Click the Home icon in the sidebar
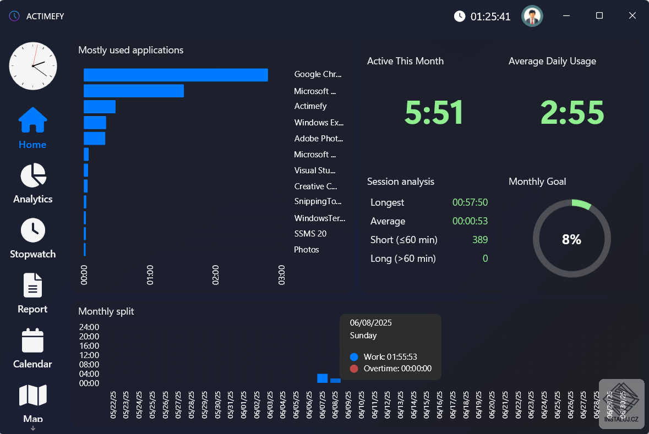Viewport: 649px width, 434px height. [32, 120]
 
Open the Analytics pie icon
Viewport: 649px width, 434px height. [33, 175]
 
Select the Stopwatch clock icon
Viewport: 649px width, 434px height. [33, 230]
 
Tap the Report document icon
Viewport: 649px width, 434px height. [32, 285]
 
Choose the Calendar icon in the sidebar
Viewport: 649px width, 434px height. [32, 340]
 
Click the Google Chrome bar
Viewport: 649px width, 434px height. [176, 75]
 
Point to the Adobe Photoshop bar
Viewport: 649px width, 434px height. [94, 139]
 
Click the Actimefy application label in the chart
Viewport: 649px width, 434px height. [310, 106]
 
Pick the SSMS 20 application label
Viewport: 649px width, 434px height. [310, 234]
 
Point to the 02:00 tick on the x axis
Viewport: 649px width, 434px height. [216, 274]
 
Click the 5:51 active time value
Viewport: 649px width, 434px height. [434, 113]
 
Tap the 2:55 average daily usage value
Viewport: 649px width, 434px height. [572, 113]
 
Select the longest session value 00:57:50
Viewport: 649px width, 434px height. [470, 202]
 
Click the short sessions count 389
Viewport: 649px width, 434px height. [480, 240]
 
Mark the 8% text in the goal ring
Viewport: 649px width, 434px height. [571, 239]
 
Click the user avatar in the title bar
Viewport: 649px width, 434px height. [532, 16]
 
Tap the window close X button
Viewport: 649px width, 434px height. [632, 16]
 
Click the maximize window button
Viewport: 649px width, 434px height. [599, 16]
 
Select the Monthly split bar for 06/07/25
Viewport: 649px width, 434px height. [323, 378]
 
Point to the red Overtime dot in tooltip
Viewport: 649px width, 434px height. [354, 369]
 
